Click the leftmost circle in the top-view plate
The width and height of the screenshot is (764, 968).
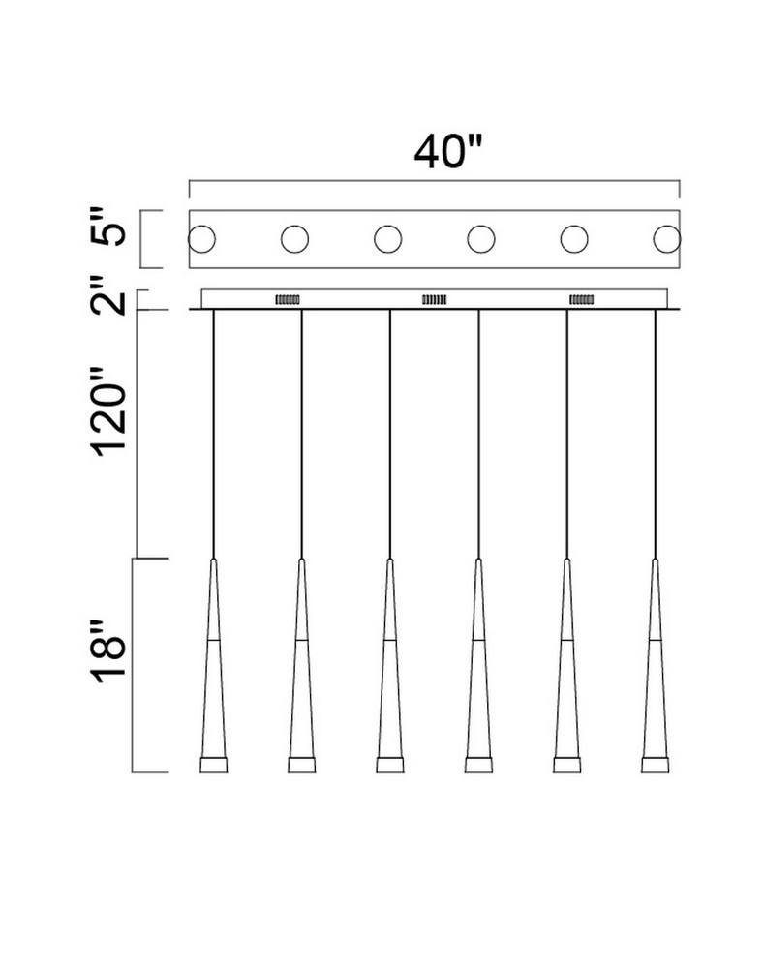[201, 239]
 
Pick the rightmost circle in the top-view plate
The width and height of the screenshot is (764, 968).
[667, 239]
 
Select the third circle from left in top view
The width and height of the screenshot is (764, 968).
[388, 239]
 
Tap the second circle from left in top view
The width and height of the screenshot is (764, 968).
[294, 239]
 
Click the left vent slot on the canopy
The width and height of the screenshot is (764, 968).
[288, 299]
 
